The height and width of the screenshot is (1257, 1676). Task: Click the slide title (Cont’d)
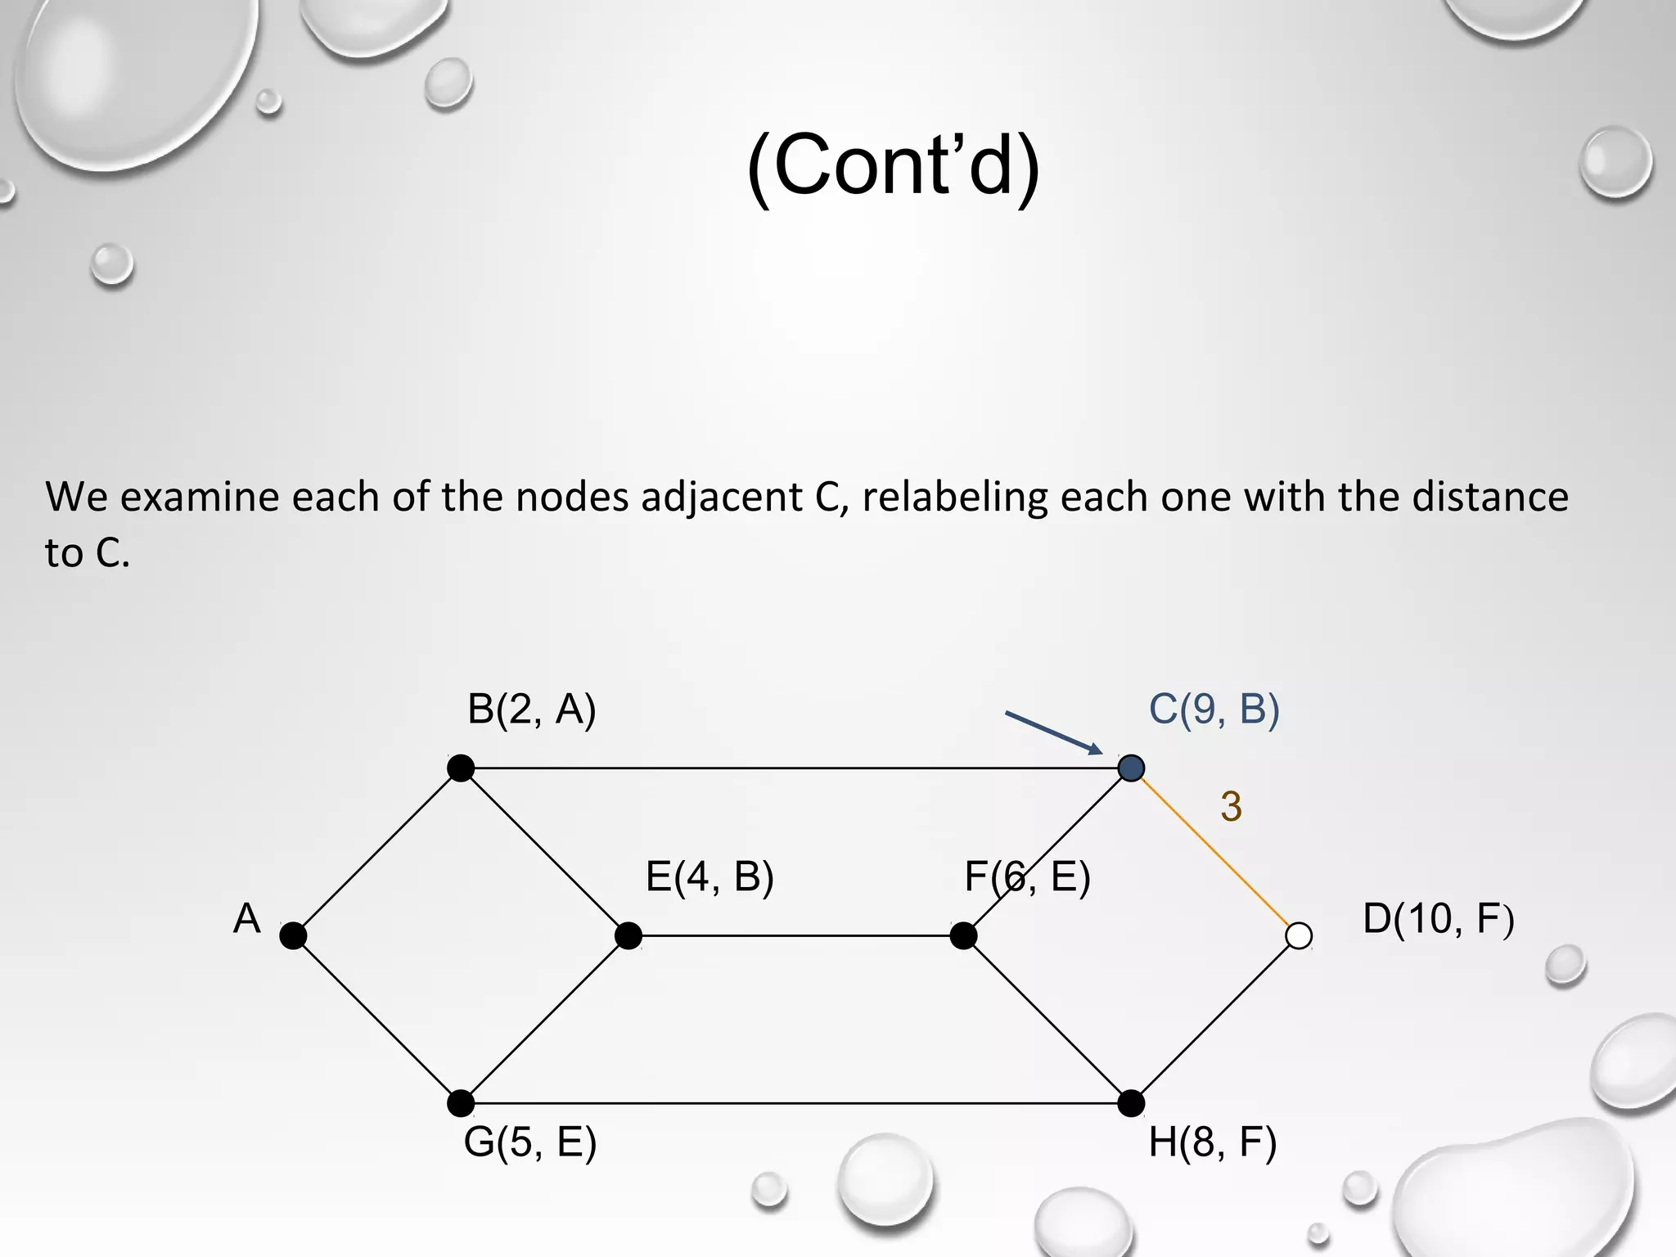pyautogui.click(x=893, y=166)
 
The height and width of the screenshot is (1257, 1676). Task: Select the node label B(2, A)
pyautogui.click(x=531, y=709)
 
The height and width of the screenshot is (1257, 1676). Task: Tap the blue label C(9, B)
pyautogui.click(x=1214, y=709)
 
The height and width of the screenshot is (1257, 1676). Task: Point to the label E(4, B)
pyautogui.click(x=710, y=876)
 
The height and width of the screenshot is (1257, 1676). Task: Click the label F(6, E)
pyautogui.click(x=1027, y=876)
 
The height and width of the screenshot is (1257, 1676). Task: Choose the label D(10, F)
pyautogui.click(x=1438, y=918)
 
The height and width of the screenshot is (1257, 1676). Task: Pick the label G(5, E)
pyautogui.click(x=529, y=1142)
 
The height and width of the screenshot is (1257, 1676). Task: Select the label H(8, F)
pyautogui.click(x=1212, y=1142)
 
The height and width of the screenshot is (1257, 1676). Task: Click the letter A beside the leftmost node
pyautogui.click(x=246, y=918)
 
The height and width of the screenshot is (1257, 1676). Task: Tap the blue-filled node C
pyautogui.click(x=1131, y=768)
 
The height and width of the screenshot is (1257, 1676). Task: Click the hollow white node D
pyautogui.click(x=1299, y=935)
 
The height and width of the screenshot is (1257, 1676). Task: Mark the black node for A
pyautogui.click(x=293, y=935)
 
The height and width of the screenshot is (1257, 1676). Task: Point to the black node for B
pyautogui.click(x=461, y=768)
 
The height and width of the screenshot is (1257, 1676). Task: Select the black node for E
pyautogui.click(x=628, y=935)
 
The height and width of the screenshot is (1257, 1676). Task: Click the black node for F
pyautogui.click(x=963, y=935)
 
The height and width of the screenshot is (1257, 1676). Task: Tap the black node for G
pyautogui.click(x=461, y=1103)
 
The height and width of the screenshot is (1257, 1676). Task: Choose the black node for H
pyautogui.click(x=1131, y=1103)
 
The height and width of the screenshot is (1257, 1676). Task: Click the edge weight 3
pyautogui.click(x=1231, y=807)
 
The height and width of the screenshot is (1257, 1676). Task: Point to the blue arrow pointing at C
pyautogui.click(x=1054, y=732)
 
